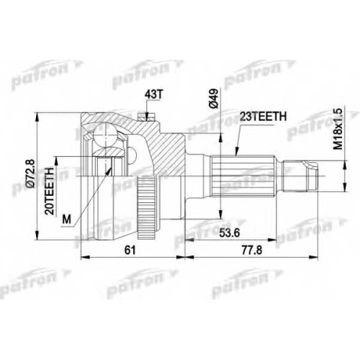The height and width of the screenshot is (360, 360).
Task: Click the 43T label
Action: (x=153, y=95)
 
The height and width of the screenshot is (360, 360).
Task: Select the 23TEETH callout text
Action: (x=264, y=117)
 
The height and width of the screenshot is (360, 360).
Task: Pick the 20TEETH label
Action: (x=50, y=191)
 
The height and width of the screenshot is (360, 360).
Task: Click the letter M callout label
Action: (x=67, y=219)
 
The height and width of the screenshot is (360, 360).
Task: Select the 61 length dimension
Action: (x=130, y=251)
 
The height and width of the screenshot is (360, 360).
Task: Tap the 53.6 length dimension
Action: (x=230, y=233)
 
